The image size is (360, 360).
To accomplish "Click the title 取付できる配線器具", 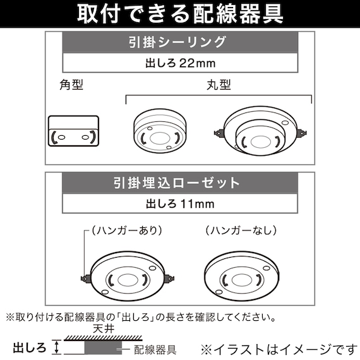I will pyautogui.click(x=180, y=13).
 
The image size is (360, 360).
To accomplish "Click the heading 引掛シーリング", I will pyautogui.click(x=180, y=43).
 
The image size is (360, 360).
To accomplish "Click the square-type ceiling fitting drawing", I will pyautogui.click(x=73, y=131).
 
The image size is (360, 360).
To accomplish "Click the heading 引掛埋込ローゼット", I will pyautogui.click(x=180, y=183).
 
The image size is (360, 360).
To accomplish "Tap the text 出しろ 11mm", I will pyautogui.click(x=180, y=204).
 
